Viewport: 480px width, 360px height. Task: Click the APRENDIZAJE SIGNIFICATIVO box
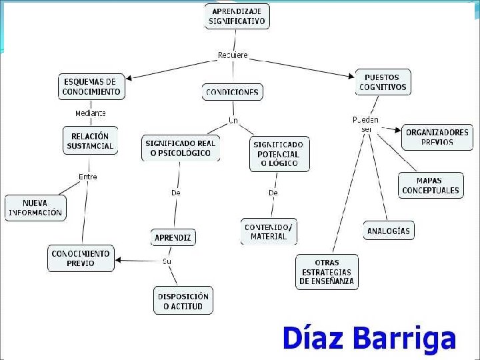(237, 16)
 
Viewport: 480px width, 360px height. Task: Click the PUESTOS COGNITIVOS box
(383, 82)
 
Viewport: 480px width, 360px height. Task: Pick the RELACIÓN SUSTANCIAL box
(90, 141)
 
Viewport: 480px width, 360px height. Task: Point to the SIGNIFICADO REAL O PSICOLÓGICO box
(180, 148)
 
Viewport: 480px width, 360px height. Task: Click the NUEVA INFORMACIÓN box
(35, 208)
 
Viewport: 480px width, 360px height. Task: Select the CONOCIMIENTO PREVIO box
(81, 258)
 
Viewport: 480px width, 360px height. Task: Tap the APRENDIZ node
(173, 237)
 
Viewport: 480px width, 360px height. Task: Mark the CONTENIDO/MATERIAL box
(269, 231)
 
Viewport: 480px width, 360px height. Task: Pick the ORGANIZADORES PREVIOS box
(437, 137)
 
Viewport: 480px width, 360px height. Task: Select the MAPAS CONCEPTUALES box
(430, 185)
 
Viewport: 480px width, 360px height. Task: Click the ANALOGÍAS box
(389, 231)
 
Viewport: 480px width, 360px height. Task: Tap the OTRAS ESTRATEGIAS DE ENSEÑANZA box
(327, 272)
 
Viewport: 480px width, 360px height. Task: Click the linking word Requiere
(233, 55)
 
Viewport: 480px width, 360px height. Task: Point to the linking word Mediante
(91, 113)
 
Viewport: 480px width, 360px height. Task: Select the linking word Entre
(88, 177)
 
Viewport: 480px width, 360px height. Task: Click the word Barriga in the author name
(407, 339)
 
